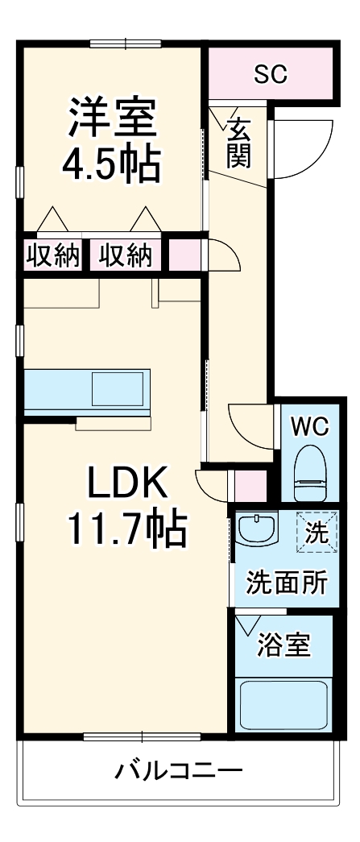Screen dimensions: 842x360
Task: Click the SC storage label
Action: coord(271,75)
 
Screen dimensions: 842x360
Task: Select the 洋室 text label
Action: coord(112,118)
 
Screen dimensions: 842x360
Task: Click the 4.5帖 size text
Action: coord(112,164)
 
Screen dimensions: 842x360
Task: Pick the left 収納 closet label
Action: coord(53,255)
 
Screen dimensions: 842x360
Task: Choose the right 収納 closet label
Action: coord(126,255)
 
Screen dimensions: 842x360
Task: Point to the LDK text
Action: coord(126,485)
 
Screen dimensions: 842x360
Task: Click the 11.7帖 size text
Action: coord(126,529)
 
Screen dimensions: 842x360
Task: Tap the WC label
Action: coord(310,427)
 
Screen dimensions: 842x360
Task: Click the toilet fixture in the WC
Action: coord(310,476)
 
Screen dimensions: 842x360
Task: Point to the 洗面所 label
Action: coord(286,583)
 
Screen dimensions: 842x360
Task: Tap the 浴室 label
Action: coord(283,645)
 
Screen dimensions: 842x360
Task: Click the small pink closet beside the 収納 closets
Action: coord(182,255)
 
